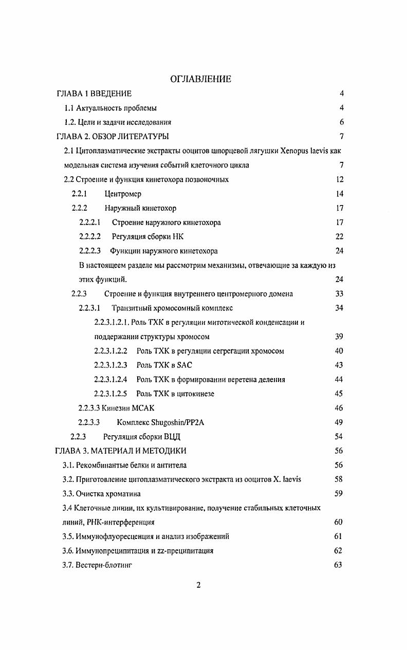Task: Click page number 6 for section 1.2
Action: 341,122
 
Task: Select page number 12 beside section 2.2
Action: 339,179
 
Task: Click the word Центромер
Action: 123,194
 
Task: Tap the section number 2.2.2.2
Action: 90,236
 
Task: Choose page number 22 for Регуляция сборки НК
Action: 339,236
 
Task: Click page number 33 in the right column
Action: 339,294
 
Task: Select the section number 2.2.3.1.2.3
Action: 110,365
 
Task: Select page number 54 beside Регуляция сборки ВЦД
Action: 339,437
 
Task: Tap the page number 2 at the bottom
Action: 199,587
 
